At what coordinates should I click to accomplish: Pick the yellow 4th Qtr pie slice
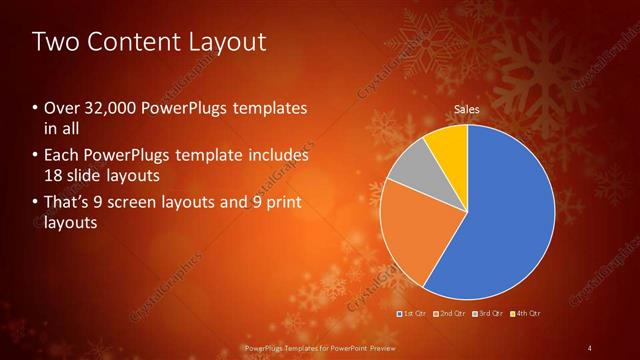click(449, 145)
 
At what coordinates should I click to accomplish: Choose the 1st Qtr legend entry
click(415, 314)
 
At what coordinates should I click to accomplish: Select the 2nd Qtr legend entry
click(453, 314)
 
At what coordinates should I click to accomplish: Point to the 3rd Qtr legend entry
click(490, 314)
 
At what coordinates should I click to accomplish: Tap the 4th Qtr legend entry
click(527, 314)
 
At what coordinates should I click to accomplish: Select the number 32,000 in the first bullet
click(104, 107)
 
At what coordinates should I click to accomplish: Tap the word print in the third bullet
click(283, 203)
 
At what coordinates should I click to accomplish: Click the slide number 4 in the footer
click(590, 347)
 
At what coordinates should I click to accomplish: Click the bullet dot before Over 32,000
click(36, 107)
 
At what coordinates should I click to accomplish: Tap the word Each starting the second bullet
click(61, 156)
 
